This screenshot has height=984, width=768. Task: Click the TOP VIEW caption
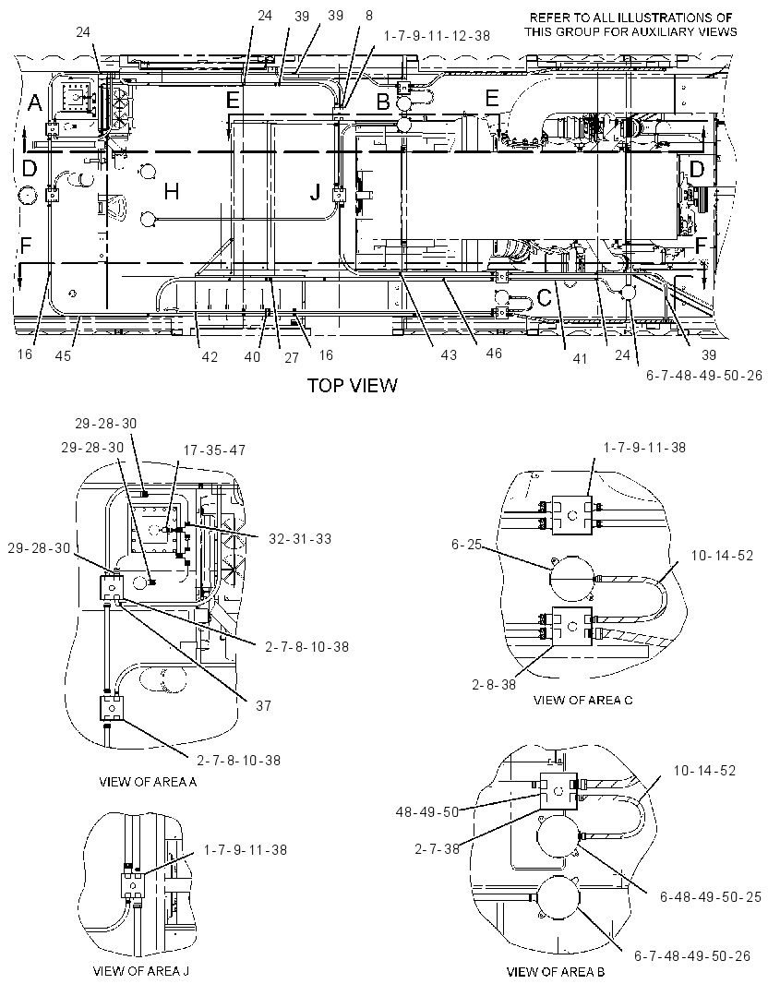(x=352, y=385)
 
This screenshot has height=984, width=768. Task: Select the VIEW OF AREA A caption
(x=148, y=782)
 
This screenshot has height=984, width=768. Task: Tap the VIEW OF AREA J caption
(x=140, y=971)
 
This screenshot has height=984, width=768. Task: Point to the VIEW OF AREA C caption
(x=582, y=700)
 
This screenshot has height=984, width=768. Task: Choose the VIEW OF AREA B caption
(x=556, y=972)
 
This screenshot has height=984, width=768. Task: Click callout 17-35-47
(x=214, y=450)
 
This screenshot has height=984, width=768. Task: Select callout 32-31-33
(x=300, y=538)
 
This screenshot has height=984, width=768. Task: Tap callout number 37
(x=263, y=705)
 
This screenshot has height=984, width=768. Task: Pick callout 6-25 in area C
(x=466, y=545)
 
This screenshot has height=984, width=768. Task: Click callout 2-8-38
(x=494, y=684)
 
